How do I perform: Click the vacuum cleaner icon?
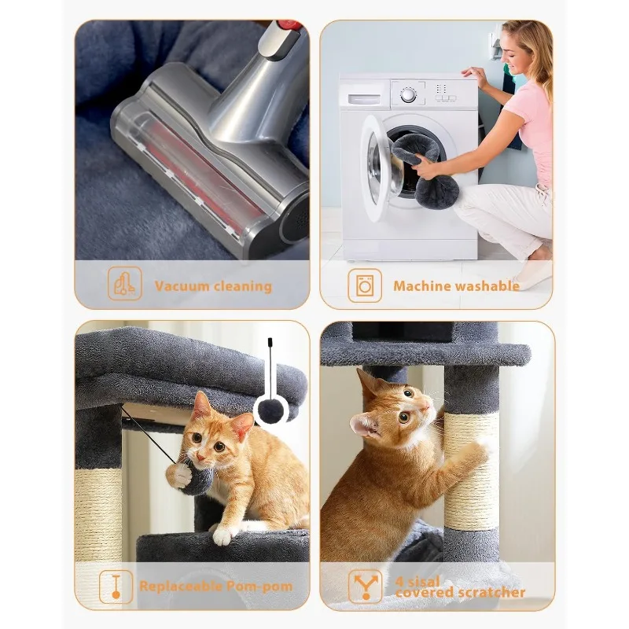(x=125, y=283)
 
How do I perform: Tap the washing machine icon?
(x=365, y=285)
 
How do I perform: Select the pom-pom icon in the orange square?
(x=116, y=587)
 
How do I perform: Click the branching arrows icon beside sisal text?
(x=365, y=587)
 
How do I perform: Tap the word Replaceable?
(x=181, y=586)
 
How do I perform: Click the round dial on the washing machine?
(x=408, y=95)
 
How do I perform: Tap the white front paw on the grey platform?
(x=223, y=535)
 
